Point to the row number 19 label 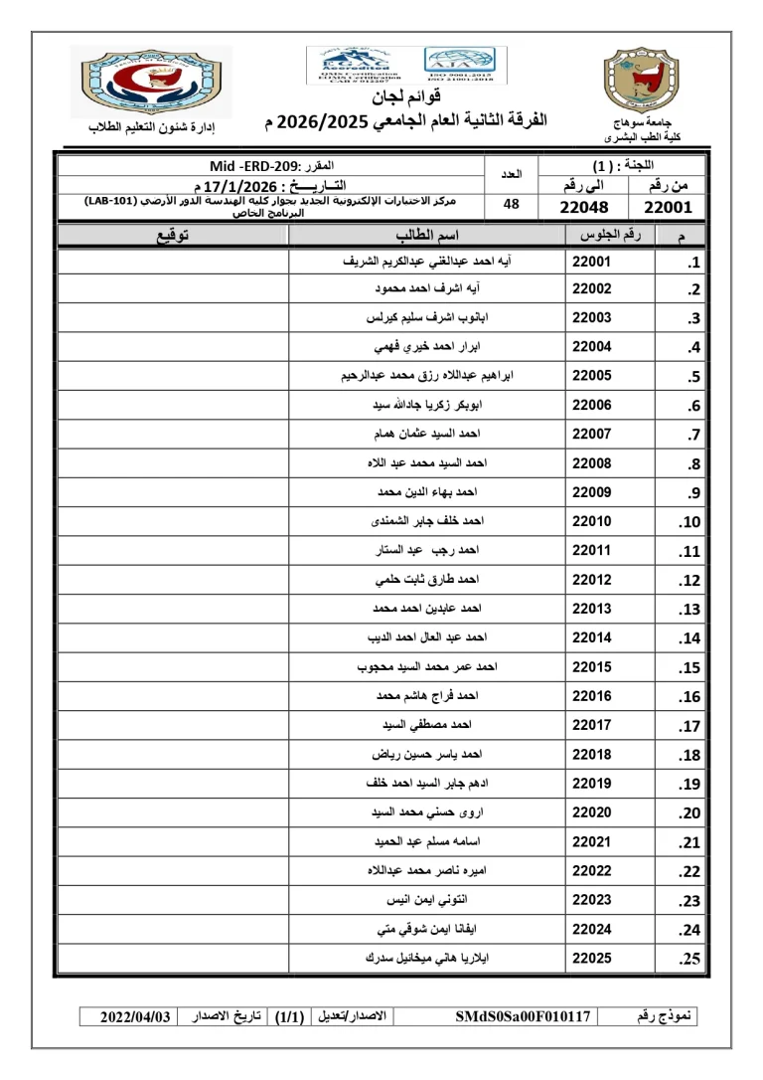coord(689,785)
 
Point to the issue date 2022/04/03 coord(136,1016)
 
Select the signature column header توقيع coord(173,235)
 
